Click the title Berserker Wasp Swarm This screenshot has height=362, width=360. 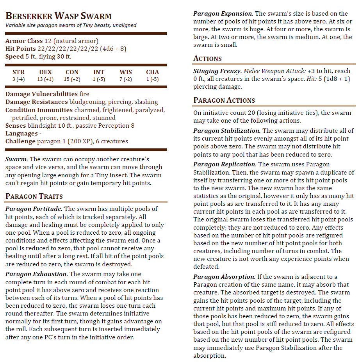click(x=59, y=16)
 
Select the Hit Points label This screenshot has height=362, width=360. click(x=20, y=49)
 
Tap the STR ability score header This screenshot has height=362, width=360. click(x=18, y=72)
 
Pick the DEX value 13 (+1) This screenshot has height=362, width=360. click(x=45, y=79)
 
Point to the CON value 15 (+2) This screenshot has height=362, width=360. click(x=72, y=79)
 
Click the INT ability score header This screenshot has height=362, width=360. click(x=99, y=72)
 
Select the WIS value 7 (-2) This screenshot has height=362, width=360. click(x=125, y=79)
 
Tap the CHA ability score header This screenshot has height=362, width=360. click(x=152, y=72)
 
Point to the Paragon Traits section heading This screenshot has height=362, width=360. click(x=34, y=196)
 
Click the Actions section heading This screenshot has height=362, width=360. click(x=207, y=59)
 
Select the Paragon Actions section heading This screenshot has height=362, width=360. click(x=224, y=100)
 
